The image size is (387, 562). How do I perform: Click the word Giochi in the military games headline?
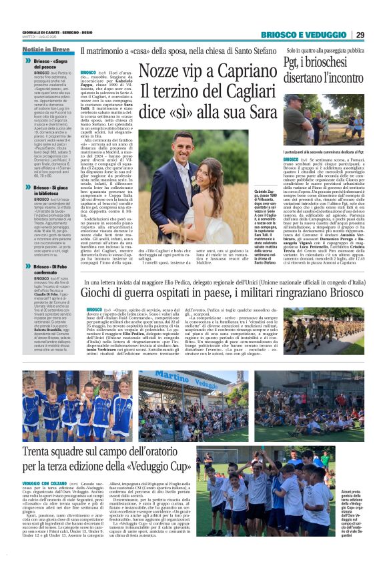[x=99, y=294]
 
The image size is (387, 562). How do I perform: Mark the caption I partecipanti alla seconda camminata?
[x=325, y=153]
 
